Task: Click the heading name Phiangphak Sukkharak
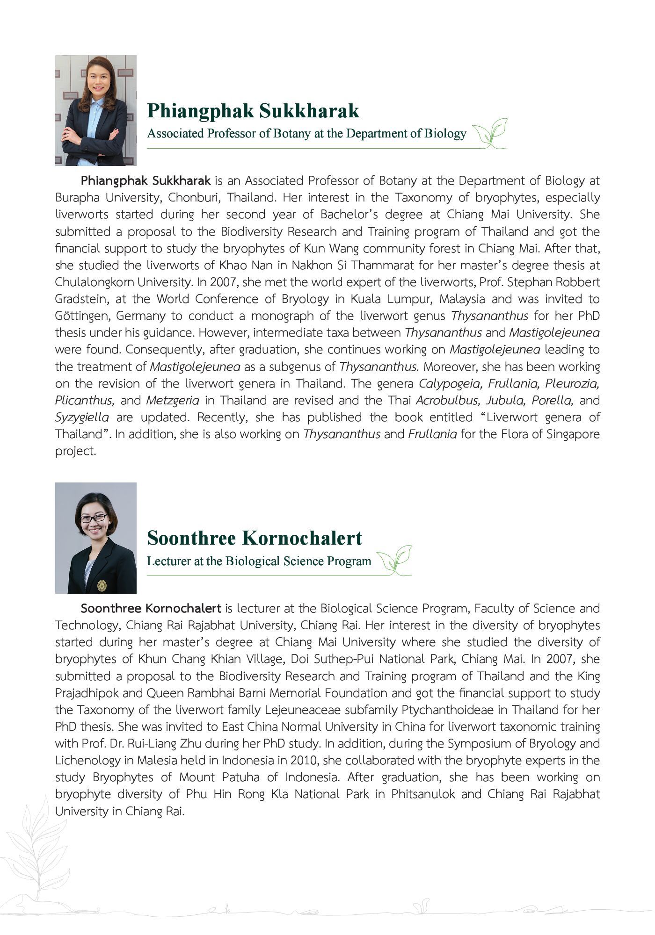(x=253, y=111)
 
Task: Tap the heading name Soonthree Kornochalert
(x=254, y=538)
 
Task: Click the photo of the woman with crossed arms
(x=96, y=110)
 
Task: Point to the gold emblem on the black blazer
(x=102, y=585)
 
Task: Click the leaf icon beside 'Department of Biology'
(x=491, y=133)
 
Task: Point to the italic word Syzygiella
(x=82, y=417)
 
